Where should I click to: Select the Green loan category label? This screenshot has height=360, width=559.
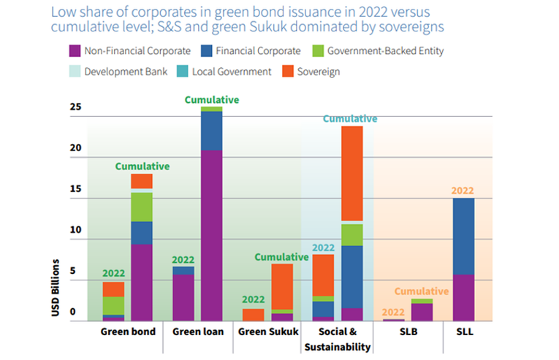click(197, 333)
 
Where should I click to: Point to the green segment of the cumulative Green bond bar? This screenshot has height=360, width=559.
click(142, 207)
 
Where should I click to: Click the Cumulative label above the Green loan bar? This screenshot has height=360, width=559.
click(212, 99)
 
